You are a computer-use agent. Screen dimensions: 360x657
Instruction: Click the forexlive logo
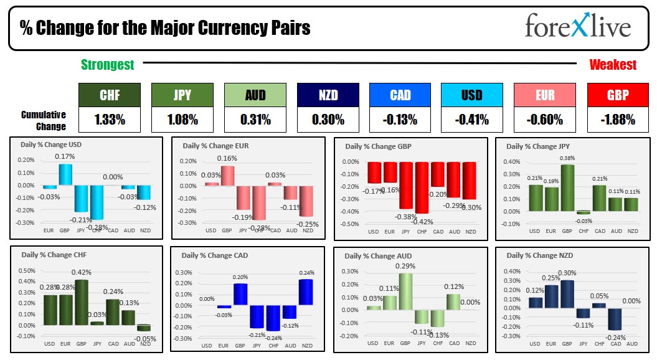tap(577, 26)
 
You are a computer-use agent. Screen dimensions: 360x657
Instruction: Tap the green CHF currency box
tap(110, 96)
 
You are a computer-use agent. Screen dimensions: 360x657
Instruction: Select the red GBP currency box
tap(618, 96)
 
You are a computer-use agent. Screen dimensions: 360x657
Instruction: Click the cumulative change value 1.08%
tap(182, 120)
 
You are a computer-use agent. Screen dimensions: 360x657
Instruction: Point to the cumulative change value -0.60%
tap(546, 120)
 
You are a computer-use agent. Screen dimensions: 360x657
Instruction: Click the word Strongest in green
tap(107, 65)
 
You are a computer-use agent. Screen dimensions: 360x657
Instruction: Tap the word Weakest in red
tap(613, 65)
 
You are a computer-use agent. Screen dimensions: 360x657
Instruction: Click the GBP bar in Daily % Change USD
tap(65, 175)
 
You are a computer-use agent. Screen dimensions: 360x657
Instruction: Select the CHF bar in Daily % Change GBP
tap(422, 187)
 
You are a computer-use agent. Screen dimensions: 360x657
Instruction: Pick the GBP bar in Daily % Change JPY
tap(567, 188)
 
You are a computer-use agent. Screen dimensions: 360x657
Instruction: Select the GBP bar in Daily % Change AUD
tap(405, 291)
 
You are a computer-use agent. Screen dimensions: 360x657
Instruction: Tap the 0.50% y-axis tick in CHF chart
tap(27, 270)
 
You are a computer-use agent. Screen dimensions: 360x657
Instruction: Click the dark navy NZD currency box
tap(328, 96)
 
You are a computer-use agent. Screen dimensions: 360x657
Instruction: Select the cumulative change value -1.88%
tap(618, 120)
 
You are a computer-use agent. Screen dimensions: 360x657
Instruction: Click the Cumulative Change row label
tap(44, 120)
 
